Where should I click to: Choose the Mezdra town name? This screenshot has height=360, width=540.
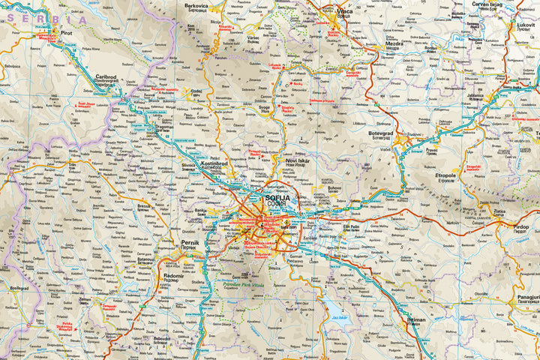395,44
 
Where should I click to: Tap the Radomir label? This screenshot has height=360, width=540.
175,274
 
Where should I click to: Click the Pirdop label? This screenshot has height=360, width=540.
520,226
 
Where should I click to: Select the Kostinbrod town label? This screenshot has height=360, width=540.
215,162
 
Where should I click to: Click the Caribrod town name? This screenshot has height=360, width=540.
106,77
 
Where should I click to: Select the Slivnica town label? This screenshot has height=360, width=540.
189,165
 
